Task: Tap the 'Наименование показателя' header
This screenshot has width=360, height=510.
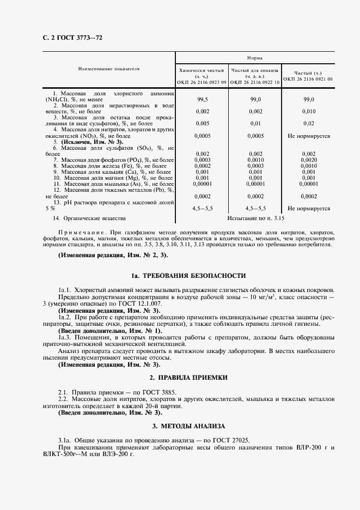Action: [109, 69]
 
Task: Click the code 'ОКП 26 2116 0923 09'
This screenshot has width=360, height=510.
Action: [202, 82]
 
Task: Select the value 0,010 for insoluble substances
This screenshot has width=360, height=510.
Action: [309, 111]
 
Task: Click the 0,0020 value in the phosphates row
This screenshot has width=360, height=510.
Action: [309, 160]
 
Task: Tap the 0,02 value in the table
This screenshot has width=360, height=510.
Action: [309, 123]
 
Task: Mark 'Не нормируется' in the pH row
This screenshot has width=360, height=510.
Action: [309, 208]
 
